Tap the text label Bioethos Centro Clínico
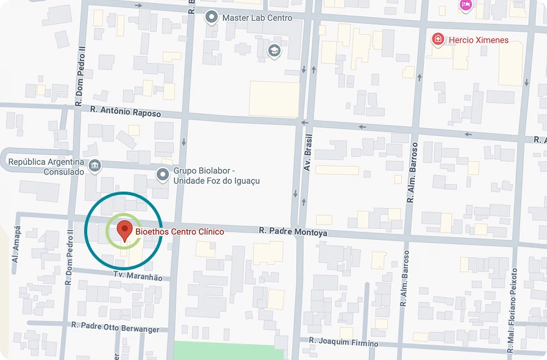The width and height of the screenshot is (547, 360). pyautogui.click(x=179, y=232)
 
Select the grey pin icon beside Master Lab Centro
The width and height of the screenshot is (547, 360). pyautogui.click(x=212, y=18)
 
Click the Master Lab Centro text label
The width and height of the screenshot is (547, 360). pyautogui.click(x=257, y=18)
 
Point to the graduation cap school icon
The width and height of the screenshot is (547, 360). pyautogui.click(x=274, y=50)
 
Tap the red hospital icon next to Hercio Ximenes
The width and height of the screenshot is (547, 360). pyautogui.click(x=438, y=40)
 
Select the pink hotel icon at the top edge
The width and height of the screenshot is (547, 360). pyautogui.click(x=466, y=5)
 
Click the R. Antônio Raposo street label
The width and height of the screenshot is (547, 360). pyautogui.click(x=125, y=112)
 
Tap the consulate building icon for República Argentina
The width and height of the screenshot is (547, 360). pyautogui.click(x=95, y=165)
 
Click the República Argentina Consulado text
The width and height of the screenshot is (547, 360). pyautogui.click(x=46, y=167)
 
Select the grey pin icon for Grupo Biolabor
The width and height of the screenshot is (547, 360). pyautogui.click(x=163, y=175)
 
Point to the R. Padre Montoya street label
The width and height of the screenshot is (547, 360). pyautogui.click(x=293, y=232)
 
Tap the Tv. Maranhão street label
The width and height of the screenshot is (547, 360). pyautogui.click(x=138, y=276)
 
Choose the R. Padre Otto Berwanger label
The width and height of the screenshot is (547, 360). pyautogui.click(x=115, y=328)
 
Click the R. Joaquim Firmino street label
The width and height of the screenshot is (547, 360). pyautogui.click(x=343, y=343)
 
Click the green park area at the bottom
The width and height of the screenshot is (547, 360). pyautogui.click(x=229, y=350)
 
